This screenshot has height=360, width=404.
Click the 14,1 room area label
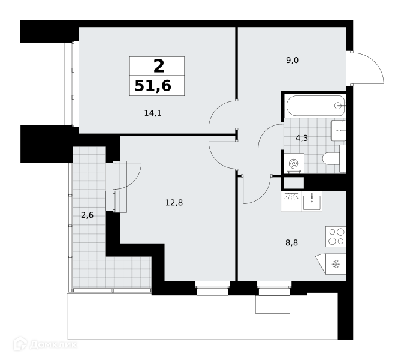[x=153, y=113]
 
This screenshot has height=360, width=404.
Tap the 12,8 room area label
[x=174, y=203]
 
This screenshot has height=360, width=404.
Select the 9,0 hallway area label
[x=292, y=61]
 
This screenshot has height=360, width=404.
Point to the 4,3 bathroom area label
[x=302, y=138]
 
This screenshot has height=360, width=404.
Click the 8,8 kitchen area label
[x=292, y=242]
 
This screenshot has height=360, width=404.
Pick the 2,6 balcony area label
[x=87, y=215]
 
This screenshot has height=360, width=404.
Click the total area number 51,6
[x=153, y=86]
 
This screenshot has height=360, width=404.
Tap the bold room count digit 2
[x=159, y=66]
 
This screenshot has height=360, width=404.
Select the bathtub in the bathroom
[x=315, y=106]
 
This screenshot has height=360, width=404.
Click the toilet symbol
[x=334, y=158]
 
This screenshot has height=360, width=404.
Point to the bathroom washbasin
[x=339, y=130]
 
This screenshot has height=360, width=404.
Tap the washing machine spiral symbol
[x=294, y=163]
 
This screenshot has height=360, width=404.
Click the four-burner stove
[x=336, y=236]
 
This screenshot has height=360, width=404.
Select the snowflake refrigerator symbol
[x=336, y=264]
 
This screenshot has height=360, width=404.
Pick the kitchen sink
[x=312, y=202]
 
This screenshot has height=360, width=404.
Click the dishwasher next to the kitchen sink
[x=291, y=202]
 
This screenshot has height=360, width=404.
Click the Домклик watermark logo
[x=45, y=344]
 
